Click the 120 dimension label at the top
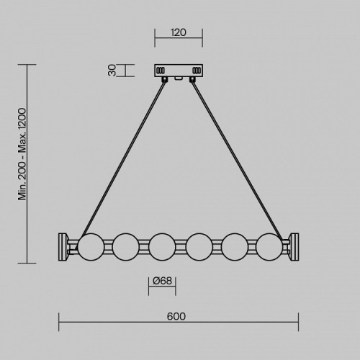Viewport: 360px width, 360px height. click(179, 32)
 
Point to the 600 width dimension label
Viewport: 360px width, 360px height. click(178, 315)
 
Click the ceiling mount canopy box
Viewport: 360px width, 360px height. click(179, 71)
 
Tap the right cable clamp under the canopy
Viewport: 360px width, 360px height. click(192, 80)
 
